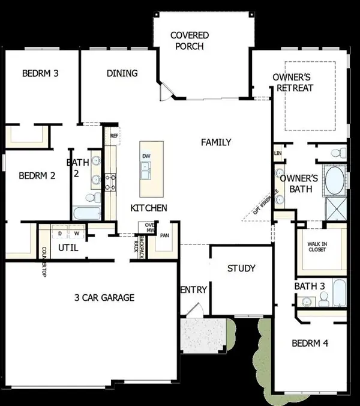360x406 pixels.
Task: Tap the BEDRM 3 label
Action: pos(41,74)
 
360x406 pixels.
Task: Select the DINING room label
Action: pos(122,73)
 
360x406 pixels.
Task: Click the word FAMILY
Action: pos(216,142)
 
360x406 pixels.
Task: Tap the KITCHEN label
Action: pos(149,208)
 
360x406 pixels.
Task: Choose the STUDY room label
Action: pos(241,268)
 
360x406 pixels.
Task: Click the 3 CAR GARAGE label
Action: pos(104,297)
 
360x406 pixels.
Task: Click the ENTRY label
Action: pos(193,289)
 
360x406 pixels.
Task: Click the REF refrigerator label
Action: pos(113,136)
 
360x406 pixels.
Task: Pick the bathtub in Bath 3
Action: pos(338,293)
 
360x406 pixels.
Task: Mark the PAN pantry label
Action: pos(164,235)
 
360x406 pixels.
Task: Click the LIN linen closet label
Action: pos(278,153)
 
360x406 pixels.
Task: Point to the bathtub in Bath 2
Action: pos(88,213)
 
